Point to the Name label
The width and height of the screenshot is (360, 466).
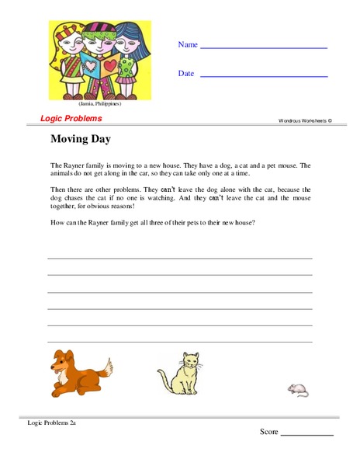pos(188,45)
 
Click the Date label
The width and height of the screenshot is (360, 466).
pos(186,74)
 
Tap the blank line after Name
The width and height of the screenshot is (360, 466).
pos(264,48)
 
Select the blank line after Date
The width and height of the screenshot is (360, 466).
pos(264,77)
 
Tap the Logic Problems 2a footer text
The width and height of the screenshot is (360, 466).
pos(51,423)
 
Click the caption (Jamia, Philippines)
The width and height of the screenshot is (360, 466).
pos(99,103)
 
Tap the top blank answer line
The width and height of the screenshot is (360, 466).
pos(180,257)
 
